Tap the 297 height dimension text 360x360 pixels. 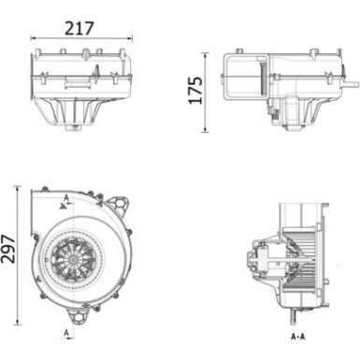[x=9, y=251]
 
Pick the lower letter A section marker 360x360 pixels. [x=67, y=331]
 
